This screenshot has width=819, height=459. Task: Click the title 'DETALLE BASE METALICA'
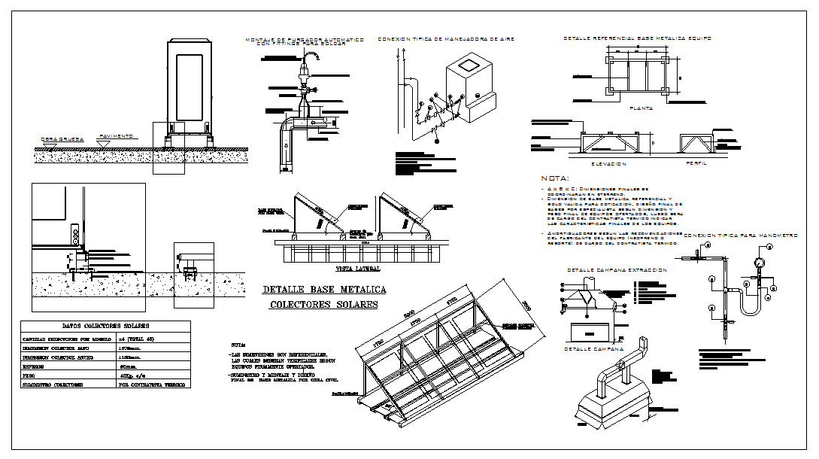pos(324,290)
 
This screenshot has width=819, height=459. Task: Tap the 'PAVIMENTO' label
pos(116,136)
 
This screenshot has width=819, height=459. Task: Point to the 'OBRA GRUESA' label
pos(59,139)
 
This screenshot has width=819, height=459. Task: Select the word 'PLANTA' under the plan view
pos(642,108)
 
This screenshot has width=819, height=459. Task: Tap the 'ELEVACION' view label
pos(608,163)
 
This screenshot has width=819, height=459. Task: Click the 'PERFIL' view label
pos(696,163)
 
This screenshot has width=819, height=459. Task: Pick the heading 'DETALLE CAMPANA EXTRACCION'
pos(616,269)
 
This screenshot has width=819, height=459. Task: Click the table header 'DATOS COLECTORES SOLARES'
pos(105,326)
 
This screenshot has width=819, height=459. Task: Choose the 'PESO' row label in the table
pos(34,374)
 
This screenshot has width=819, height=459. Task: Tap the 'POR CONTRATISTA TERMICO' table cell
pos(150,384)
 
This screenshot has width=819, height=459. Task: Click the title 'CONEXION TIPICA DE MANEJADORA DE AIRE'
pos(446,38)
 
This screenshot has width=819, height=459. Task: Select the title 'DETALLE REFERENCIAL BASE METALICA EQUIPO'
pos(637,38)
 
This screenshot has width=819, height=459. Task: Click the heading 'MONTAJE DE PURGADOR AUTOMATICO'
pos(305,39)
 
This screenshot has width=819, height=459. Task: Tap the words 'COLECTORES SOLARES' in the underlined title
pos(324,305)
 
